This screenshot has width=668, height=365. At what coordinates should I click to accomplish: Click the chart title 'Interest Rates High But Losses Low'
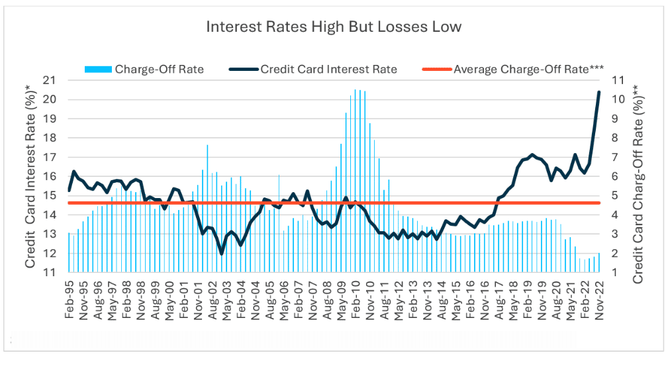[334, 27]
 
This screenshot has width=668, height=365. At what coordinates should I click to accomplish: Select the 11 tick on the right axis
[617, 80]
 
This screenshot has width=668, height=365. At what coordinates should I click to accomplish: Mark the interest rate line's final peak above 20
[598, 92]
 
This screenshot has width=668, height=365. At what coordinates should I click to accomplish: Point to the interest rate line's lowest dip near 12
[221, 253]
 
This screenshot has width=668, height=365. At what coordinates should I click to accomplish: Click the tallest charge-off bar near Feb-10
[356, 90]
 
